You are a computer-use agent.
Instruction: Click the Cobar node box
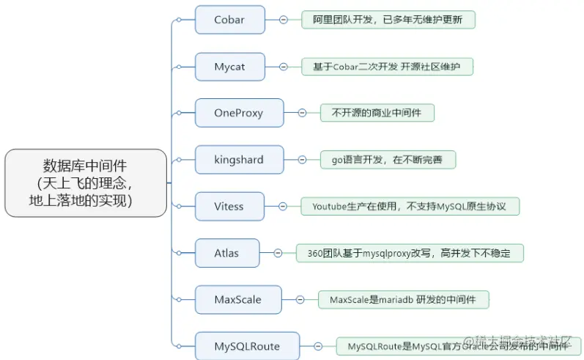point(229,20)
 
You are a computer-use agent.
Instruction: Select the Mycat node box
point(229,67)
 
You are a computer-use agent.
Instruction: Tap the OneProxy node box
point(239,113)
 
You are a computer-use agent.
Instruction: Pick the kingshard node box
point(239,159)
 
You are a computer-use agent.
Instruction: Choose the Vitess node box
point(229,206)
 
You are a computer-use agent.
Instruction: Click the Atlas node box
point(226,253)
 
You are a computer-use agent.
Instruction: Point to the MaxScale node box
point(237,299)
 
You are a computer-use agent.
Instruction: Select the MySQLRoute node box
point(247,345)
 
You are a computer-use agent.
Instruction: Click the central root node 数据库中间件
point(86,183)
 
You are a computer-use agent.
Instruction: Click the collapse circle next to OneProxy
point(301,113)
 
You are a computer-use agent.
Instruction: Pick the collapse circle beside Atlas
point(278,253)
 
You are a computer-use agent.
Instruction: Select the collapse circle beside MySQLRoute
point(318,345)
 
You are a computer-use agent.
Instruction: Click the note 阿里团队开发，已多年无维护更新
point(388,20)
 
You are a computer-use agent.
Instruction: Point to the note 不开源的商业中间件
point(377,113)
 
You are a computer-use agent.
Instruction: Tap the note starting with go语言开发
point(388,159)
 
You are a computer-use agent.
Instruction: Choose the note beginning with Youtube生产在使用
point(410,206)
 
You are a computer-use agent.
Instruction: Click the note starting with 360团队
point(410,253)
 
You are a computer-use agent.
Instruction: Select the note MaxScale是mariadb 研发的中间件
point(404,299)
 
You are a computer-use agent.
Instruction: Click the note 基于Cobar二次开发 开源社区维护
point(387,67)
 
